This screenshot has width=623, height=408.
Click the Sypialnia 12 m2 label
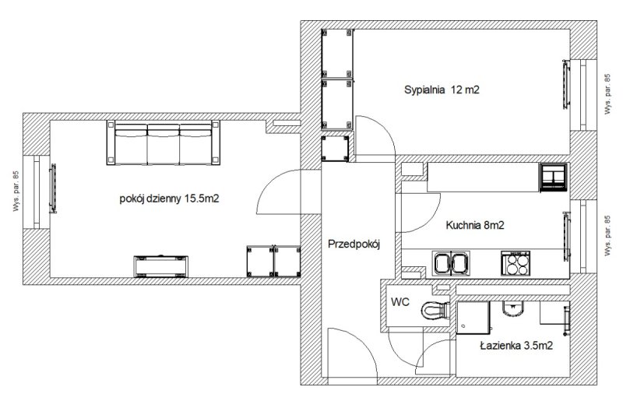click(442, 90)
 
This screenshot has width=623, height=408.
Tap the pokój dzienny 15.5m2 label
click(169, 199)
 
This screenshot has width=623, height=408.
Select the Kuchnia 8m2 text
click(475, 225)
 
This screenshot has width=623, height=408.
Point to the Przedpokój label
click(354, 244)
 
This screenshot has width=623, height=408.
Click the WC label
click(400, 302)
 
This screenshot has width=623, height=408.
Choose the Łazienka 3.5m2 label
click(516, 346)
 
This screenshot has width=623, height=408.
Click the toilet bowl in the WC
click(435, 310)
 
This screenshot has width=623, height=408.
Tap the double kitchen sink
click(451, 263)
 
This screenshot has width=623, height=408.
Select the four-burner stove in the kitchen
click(516, 263)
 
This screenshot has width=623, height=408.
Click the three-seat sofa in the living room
click(164, 142)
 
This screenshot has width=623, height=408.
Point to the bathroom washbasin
click(513, 308)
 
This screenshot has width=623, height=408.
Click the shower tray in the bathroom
click(473, 318)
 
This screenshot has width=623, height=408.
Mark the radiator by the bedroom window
click(566, 84)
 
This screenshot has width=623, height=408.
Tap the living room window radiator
click(53, 188)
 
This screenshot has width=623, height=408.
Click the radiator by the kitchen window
click(567, 237)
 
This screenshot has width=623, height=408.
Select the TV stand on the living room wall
click(161, 266)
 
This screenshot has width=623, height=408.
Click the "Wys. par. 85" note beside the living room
click(16, 191)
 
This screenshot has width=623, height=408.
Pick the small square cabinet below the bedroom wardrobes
click(335, 149)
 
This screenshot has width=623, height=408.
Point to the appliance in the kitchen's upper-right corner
click(553, 178)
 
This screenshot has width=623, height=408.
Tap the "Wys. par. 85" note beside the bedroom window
click(607, 94)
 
